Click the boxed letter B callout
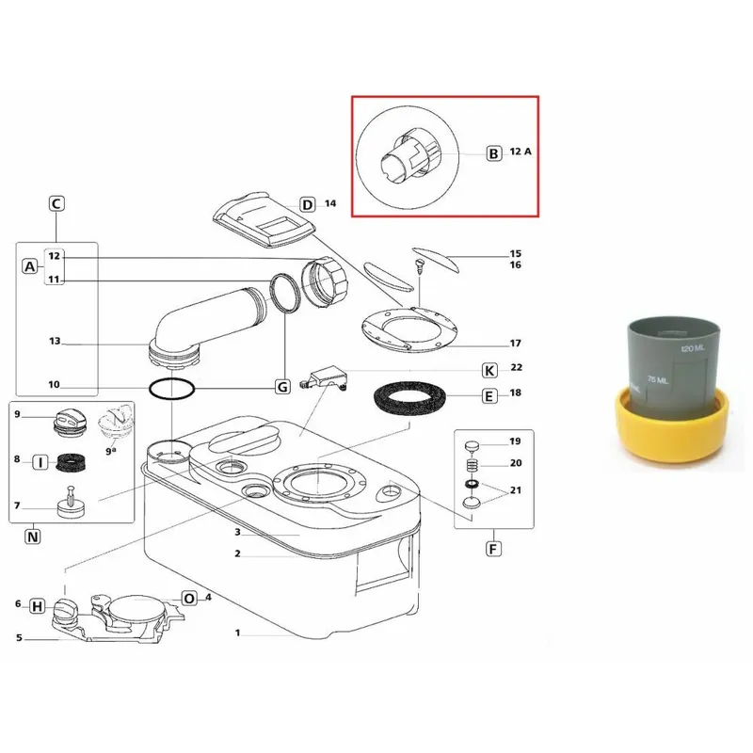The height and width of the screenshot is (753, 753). coord(493,153)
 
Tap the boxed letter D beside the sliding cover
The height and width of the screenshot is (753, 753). coord(307,205)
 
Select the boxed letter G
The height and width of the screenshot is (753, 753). coord(282,387)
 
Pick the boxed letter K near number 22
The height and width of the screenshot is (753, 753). coord(489,371)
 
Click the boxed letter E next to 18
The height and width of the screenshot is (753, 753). coord(489,396)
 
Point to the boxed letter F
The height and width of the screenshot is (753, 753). coord(493,549)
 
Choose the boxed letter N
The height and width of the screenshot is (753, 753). coord(33,537)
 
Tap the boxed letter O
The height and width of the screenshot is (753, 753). coord(189,599)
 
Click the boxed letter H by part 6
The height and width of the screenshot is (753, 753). coord(37,606)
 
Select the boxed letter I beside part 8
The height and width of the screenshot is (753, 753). coord(40,462)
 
